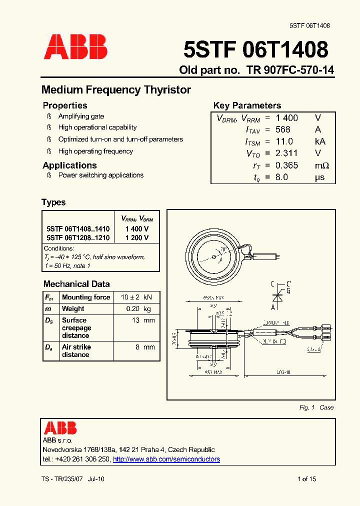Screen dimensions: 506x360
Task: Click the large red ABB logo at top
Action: coord(75,47)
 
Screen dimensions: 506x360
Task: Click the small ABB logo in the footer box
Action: coord(60,428)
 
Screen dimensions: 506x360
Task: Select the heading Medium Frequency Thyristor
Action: coord(116,90)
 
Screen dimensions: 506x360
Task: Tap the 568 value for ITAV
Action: coord(282,129)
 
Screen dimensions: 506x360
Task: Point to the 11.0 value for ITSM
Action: coord(284,141)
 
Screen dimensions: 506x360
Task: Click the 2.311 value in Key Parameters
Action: coord(286,153)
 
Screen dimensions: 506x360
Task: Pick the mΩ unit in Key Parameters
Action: coord(321,165)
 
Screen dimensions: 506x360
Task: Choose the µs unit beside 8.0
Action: coord(319,177)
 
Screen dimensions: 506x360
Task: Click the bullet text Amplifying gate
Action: coord(81,116)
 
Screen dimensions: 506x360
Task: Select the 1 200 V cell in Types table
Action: coord(137,238)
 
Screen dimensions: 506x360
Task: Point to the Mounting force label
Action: coord(86,297)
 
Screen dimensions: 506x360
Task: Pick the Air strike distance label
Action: coord(76,350)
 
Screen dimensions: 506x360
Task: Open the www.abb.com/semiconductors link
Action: coord(166,459)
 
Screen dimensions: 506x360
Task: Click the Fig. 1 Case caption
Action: coord(316,407)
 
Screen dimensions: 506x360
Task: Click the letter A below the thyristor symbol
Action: coord(273,307)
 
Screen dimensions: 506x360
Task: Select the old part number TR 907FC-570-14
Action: coord(290,70)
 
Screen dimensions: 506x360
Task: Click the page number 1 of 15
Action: coord(306,479)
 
